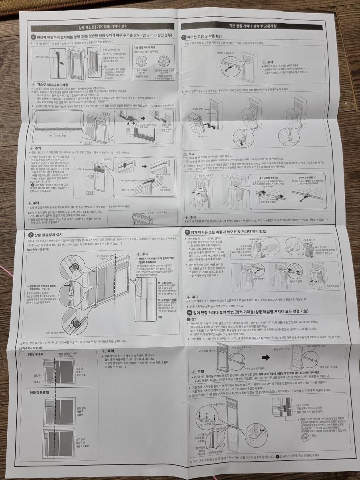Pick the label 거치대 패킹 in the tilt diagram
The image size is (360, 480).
(x=198, y=108)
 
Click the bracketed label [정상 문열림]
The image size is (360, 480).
(x=38, y=355)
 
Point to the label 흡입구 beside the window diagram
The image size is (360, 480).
(x=37, y=375)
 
